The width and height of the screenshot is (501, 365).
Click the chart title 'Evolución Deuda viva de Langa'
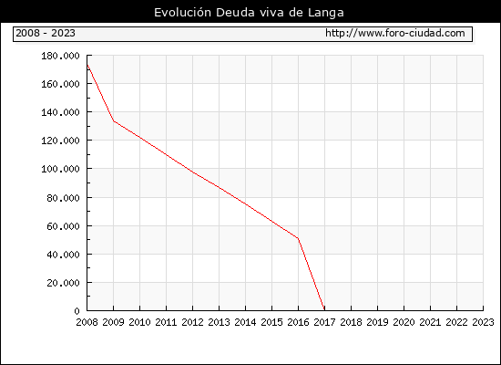(x=249, y=13)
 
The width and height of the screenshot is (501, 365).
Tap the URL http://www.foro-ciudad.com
(x=395, y=33)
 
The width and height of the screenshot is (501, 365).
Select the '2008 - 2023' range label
(x=46, y=33)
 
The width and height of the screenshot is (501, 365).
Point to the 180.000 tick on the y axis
(x=60, y=56)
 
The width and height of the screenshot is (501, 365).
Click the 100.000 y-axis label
(x=60, y=169)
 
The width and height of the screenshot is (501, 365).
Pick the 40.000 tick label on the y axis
(x=63, y=255)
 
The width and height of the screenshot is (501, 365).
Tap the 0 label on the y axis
(x=77, y=311)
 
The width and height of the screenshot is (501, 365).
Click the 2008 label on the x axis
(x=87, y=322)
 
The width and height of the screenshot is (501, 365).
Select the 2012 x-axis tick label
(x=193, y=322)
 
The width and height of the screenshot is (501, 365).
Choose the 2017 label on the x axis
(x=324, y=322)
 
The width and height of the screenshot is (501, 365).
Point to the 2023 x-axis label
(x=483, y=322)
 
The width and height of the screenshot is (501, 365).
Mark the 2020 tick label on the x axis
(x=404, y=322)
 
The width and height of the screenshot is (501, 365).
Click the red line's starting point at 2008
(x=87, y=65)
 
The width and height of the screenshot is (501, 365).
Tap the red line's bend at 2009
(x=114, y=121)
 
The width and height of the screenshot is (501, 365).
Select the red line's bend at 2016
(x=298, y=238)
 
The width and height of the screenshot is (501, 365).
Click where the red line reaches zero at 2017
(x=324, y=309)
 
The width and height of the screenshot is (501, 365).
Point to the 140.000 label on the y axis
(x=60, y=112)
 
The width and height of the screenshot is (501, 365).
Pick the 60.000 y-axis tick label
(x=63, y=226)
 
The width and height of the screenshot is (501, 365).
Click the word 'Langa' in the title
(x=326, y=13)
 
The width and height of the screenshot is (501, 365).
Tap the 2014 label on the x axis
(x=245, y=322)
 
